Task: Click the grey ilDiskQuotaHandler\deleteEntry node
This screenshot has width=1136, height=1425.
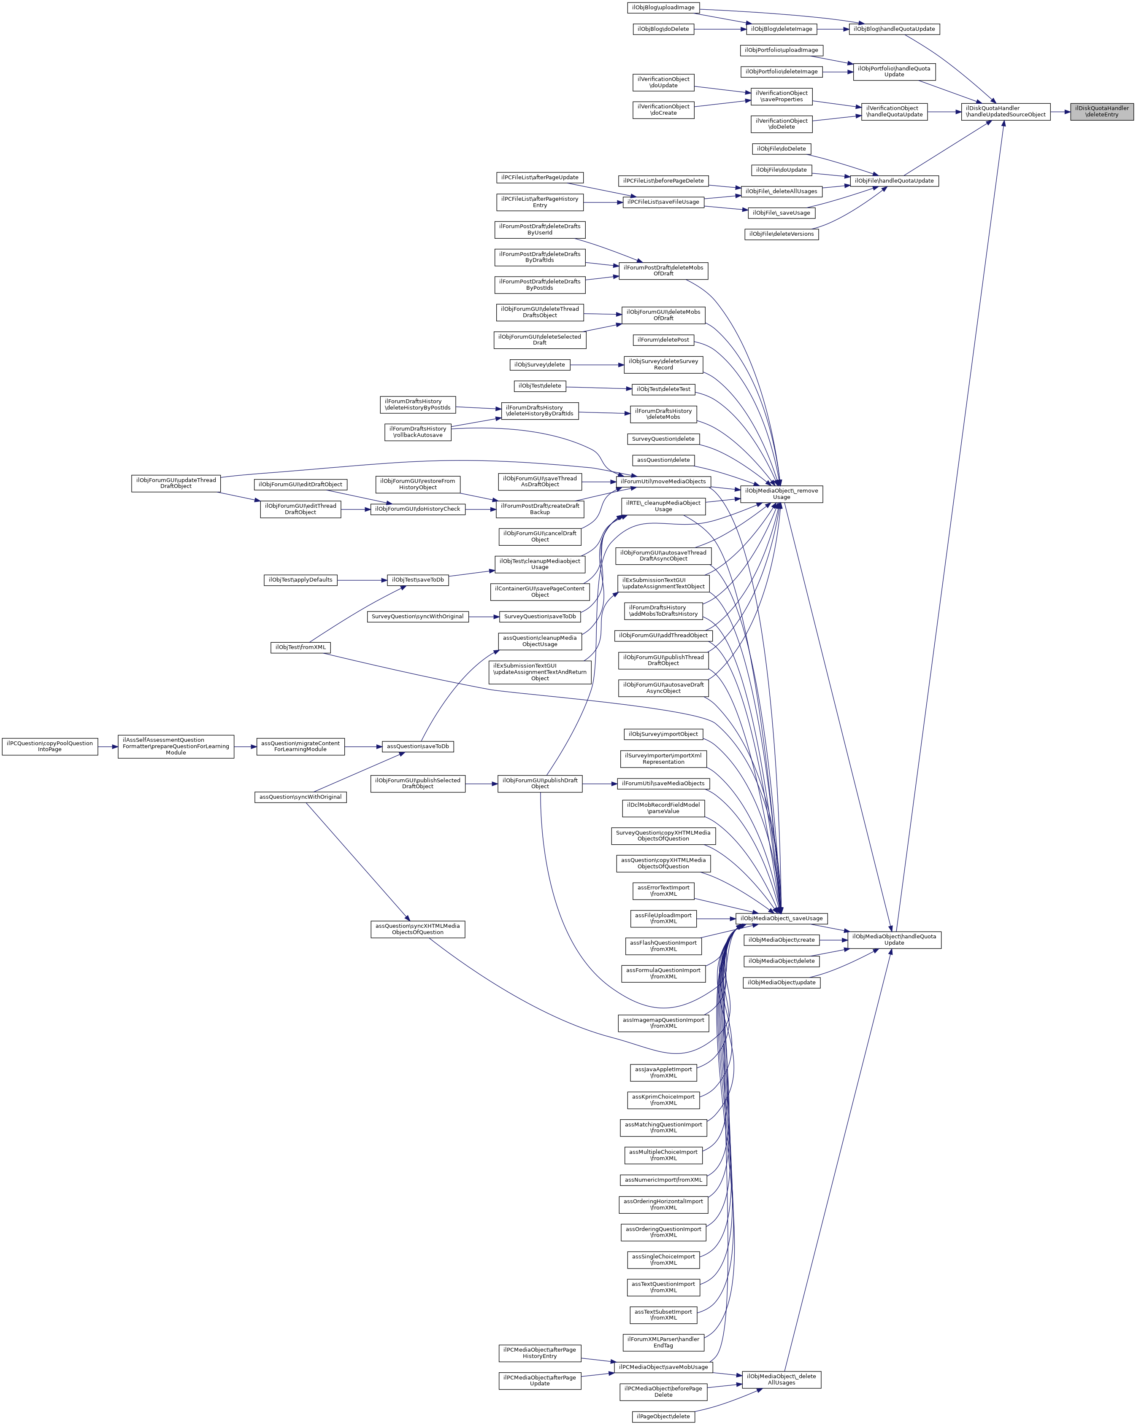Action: [1102, 112]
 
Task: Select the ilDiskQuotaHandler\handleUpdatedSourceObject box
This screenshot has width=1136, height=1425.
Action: [1005, 112]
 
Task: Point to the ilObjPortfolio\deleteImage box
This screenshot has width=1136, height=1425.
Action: [781, 71]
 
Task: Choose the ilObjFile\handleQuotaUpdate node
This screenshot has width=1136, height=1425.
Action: [894, 180]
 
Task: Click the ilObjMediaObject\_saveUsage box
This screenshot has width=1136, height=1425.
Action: [781, 918]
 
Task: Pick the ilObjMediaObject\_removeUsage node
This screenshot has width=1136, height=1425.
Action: [781, 494]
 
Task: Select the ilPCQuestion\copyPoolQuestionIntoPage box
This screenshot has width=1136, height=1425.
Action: [50, 746]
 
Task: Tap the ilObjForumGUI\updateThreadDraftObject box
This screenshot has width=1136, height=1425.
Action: [176, 483]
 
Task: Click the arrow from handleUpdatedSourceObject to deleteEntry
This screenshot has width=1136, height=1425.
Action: [1060, 112]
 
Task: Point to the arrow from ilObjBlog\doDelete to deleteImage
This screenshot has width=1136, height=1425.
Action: [719, 29]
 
